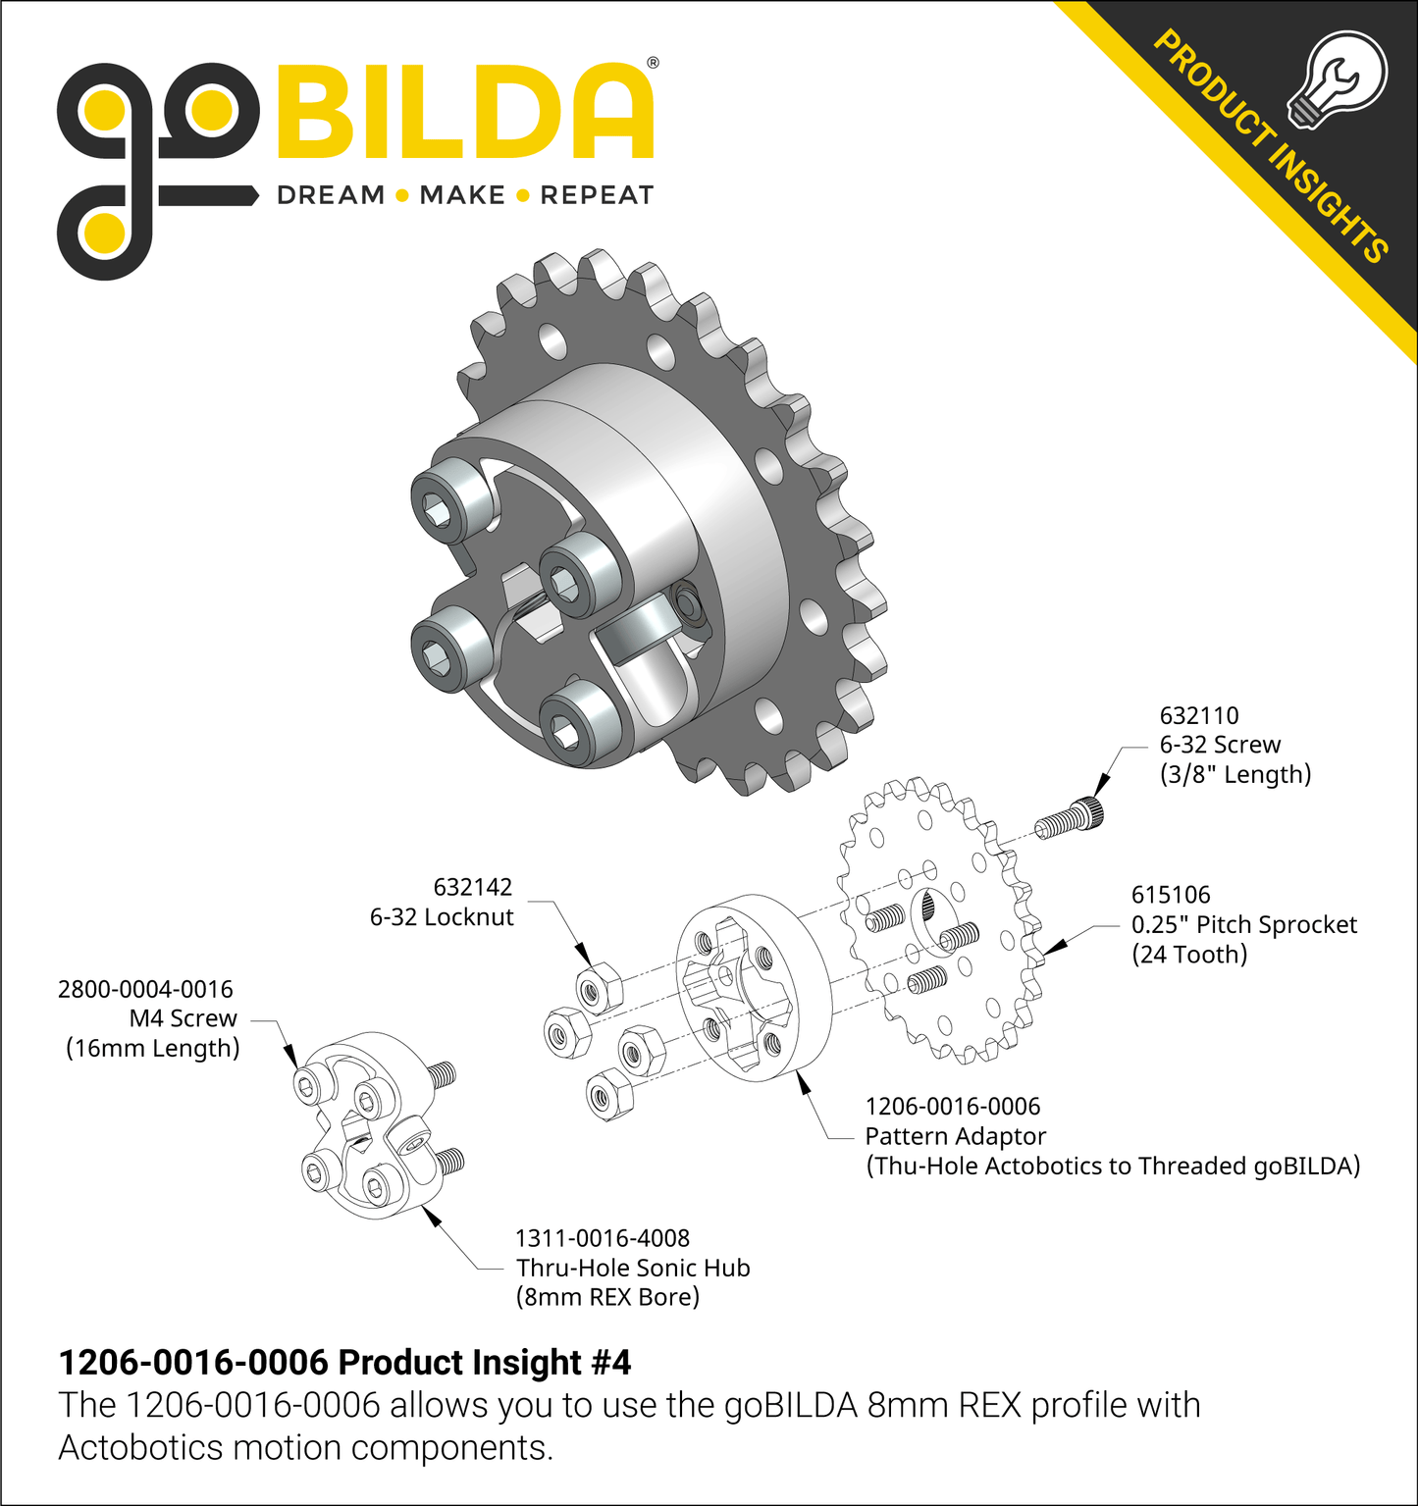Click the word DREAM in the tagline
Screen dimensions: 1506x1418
click(331, 195)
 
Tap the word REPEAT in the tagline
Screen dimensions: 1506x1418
click(597, 195)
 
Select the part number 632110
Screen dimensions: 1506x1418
click(1199, 715)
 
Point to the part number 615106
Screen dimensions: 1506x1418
click(1171, 895)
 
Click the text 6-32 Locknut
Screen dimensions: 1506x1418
click(442, 917)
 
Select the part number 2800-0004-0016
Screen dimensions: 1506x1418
click(145, 989)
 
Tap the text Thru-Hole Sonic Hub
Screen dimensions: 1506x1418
click(633, 1268)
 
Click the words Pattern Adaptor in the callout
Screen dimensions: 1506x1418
click(955, 1136)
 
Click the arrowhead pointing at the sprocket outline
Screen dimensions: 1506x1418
click(1055, 946)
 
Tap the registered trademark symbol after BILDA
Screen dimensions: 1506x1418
click(654, 63)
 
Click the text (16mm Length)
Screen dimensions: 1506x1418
click(153, 1048)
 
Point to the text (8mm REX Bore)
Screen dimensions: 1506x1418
click(607, 1297)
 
